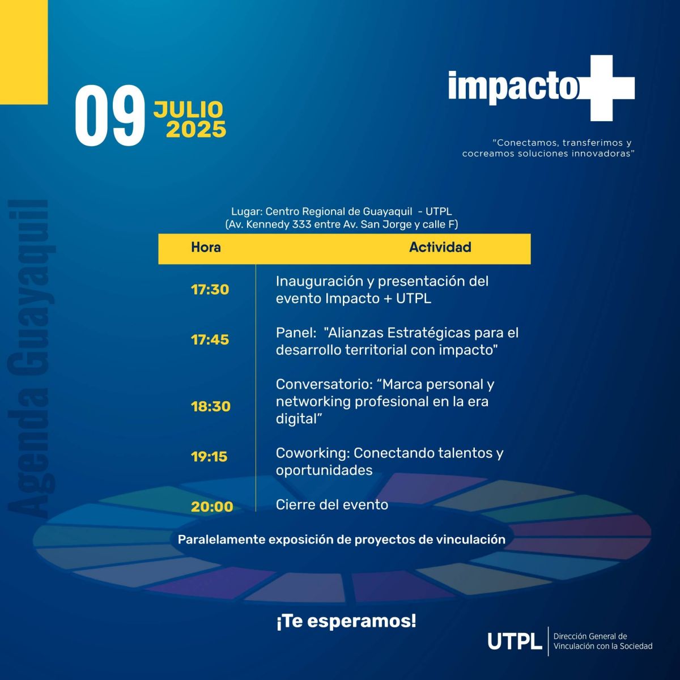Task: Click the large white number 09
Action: [x=110, y=115]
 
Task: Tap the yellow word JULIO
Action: [x=188, y=109]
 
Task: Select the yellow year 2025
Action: [x=196, y=129]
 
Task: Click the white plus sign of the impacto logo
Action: [x=606, y=88]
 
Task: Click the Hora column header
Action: [x=206, y=248]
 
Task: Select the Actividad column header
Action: [x=440, y=247]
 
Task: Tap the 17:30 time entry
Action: [x=210, y=290]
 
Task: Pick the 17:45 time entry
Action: [x=210, y=340]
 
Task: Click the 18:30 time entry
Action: [x=211, y=406]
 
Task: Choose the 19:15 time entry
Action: [x=209, y=457]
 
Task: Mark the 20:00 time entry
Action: [x=212, y=507]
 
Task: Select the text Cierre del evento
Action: [x=331, y=505]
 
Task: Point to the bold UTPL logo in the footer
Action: [x=515, y=641]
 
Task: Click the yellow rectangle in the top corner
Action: [x=24, y=52]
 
